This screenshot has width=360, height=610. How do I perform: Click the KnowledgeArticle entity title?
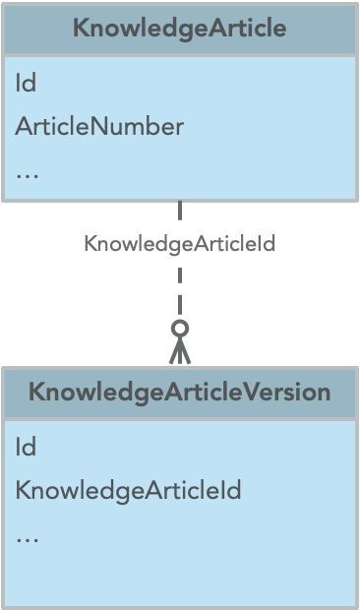pos(179,29)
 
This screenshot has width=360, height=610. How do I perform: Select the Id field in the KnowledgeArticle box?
pos(26,84)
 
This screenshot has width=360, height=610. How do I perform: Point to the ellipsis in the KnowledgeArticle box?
pos(27,174)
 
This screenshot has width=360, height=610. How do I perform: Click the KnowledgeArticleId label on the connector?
pos(179,244)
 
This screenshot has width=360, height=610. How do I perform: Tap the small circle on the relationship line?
pos(179,328)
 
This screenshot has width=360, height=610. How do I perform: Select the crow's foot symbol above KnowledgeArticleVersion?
pos(179,349)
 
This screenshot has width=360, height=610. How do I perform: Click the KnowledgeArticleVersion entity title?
pos(179,393)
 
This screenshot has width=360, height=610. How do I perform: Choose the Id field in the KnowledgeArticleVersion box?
pos(26,447)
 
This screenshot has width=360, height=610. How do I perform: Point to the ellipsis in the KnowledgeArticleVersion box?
pos(27,537)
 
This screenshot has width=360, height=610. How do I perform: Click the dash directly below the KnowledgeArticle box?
pos(179,211)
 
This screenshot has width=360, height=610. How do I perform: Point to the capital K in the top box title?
pos(81,29)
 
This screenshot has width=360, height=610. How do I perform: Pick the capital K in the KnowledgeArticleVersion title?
pos(36,393)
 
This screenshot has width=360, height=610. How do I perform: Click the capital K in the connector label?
pos(90,244)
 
